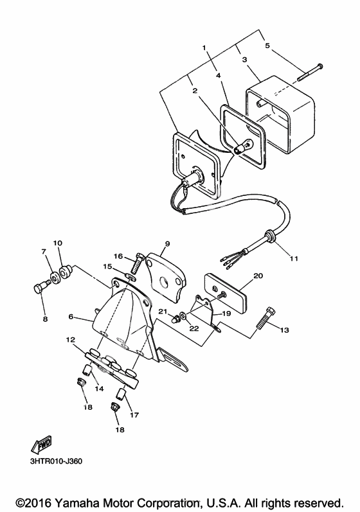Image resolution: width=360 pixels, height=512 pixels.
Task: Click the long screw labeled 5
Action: pos(310,73)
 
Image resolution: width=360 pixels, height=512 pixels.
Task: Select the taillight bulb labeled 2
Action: pos(243,146)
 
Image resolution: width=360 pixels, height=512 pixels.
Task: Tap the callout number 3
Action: pos(244,60)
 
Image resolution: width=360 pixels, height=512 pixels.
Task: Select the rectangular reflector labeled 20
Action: pos(225,292)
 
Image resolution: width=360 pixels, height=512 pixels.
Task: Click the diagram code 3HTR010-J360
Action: pos(56,461)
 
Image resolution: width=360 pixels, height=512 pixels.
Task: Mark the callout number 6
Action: pos(71,317)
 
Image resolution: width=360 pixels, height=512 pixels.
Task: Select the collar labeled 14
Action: pos(86,370)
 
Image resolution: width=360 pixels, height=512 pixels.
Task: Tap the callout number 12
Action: pos(71,340)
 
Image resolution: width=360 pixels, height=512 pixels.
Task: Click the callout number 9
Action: pos(167,243)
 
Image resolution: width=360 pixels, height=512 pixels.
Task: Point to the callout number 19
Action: pos(226,313)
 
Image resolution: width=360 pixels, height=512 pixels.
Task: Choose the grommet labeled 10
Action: pos(64,270)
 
